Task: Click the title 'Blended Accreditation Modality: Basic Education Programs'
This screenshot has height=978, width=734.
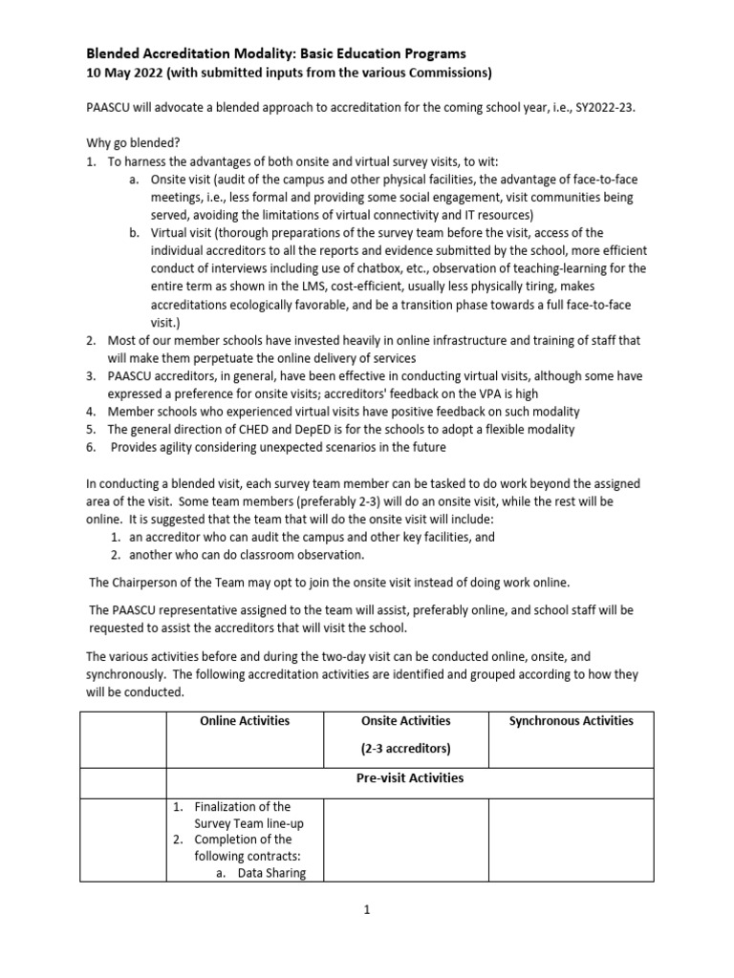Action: (276, 53)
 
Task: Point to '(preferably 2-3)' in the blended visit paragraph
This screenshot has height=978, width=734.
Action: (367, 501)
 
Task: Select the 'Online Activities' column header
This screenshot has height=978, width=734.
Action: (244, 721)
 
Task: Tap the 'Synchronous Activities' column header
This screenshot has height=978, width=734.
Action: (571, 721)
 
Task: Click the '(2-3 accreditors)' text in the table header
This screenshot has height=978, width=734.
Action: (406, 749)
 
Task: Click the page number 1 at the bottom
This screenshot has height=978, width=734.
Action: (366, 910)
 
